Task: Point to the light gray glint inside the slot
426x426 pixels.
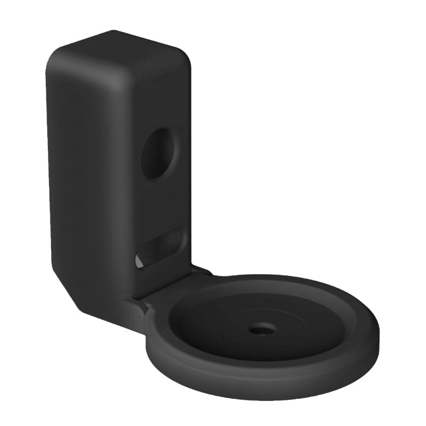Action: tap(140, 261)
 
